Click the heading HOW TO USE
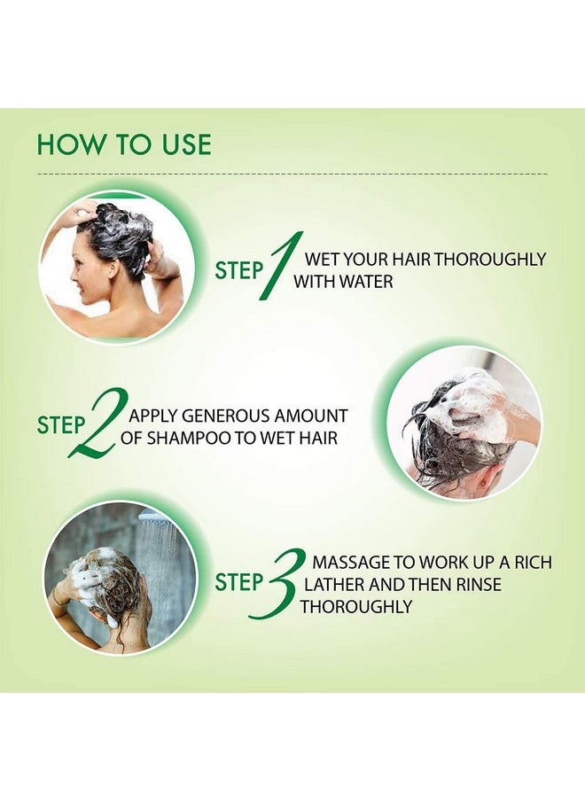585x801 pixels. [x=124, y=144]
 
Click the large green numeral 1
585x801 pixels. [x=283, y=266]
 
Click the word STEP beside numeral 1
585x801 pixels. [x=238, y=270]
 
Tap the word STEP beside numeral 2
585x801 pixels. [x=61, y=425]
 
